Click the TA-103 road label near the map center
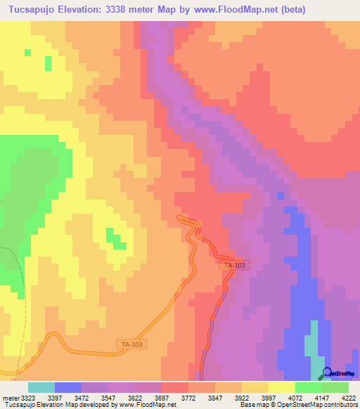234,265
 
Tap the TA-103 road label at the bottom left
130,344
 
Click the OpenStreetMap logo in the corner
339,374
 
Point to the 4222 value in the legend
349,398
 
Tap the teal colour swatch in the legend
41,387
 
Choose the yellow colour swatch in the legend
282,387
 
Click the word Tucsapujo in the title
34,8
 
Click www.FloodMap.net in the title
262,8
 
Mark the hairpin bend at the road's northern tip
184,220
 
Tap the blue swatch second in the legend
68,387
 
